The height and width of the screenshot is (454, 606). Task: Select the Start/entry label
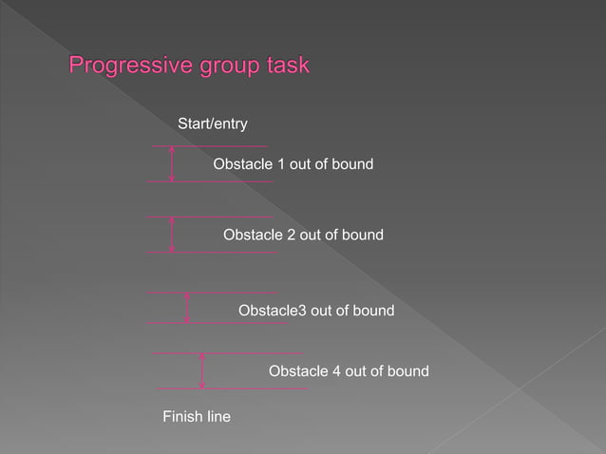click(213, 123)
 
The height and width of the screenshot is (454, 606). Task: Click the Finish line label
click(197, 416)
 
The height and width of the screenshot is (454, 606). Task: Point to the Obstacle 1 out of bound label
click(293, 165)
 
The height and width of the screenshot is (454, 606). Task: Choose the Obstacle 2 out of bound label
click(303, 234)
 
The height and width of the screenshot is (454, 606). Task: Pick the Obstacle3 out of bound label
click(315, 311)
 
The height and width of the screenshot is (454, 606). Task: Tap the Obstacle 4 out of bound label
click(349, 370)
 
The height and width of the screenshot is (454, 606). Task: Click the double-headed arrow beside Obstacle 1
click(172, 163)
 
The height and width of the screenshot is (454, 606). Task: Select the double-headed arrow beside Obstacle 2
click(172, 235)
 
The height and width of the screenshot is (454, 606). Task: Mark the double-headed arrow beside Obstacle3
click(187, 308)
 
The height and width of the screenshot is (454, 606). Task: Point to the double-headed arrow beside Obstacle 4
click(202, 370)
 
